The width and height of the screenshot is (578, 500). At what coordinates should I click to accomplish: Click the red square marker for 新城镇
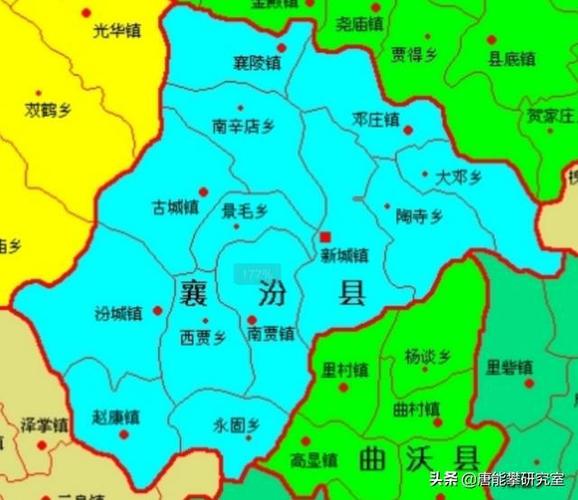coord(325,237)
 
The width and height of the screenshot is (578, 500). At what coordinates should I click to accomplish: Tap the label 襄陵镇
coord(256,62)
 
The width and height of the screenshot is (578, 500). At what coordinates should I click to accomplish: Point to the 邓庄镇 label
coord(376,119)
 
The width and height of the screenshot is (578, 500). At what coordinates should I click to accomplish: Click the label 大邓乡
coord(458,177)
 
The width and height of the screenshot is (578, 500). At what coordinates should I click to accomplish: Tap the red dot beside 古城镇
coord(204,190)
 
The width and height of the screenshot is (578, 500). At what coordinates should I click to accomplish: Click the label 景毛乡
coord(245,210)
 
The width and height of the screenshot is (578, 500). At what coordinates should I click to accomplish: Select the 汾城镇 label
coord(119,314)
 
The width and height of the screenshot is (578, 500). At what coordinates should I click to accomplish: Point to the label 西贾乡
coord(203,336)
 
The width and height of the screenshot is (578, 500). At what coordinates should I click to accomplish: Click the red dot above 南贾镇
coord(251,320)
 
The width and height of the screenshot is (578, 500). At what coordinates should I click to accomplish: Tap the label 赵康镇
coord(116,417)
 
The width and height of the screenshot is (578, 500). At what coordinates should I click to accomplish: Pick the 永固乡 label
coord(235,424)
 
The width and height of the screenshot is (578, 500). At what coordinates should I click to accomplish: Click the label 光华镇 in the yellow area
coord(116,31)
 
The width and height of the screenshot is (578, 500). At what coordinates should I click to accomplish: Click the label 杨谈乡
coord(428,356)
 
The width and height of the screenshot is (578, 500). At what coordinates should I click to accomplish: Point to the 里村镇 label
coord(344,369)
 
